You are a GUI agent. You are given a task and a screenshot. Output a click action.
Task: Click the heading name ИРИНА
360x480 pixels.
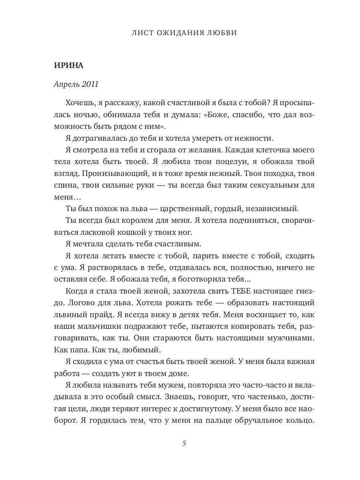68,66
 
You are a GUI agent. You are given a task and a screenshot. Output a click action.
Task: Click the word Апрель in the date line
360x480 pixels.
66,84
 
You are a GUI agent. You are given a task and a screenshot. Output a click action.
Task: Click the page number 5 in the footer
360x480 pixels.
184,444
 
